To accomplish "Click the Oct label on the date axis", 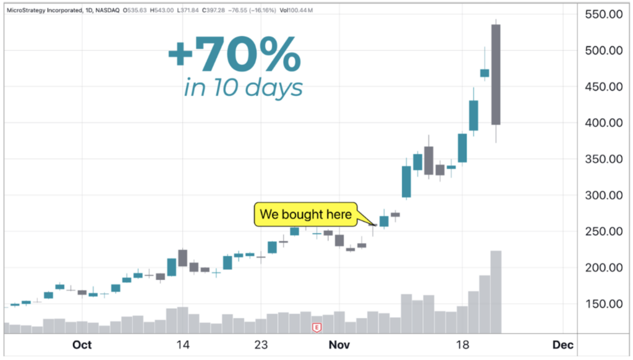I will pyautogui.click(x=82, y=345).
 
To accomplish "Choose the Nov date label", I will pyautogui.click(x=339, y=345).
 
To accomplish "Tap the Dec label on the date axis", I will pyautogui.click(x=563, y=345).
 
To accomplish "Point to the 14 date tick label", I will pyautogui.click(x=182, y=345).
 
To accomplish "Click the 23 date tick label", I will pyautogui.click(x=261, y=345).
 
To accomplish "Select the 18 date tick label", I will pyautogui.click(x=462, y=345).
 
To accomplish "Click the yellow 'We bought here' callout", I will pyautogui.click(x=305, y=215).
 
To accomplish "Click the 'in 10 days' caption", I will pyautogui.click(x=244, y=87).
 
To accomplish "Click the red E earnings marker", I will pyautogui.click(x=317, y=327).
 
